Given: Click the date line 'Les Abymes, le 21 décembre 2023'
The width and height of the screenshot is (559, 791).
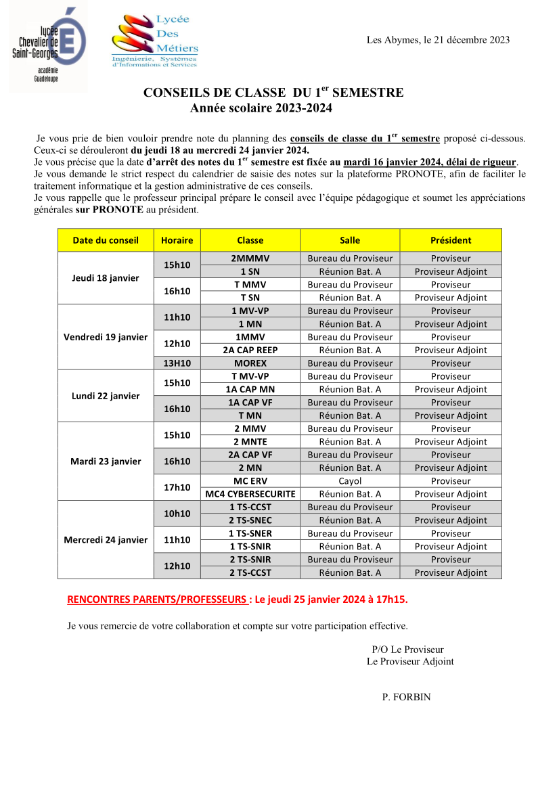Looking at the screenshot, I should (438, 40).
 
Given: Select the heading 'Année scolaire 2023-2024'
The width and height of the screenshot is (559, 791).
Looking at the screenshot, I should (261, 108).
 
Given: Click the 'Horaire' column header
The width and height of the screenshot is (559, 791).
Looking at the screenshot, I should (177, 240).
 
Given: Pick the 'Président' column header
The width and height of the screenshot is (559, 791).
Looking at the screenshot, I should (451, 240).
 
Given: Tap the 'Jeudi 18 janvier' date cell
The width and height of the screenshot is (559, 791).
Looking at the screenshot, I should (106, 278).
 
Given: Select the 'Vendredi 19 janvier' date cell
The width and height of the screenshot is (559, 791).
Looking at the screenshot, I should (106, 337).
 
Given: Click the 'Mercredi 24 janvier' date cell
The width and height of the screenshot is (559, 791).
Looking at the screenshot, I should (106, 540).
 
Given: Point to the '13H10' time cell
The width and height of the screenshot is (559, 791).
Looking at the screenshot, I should (177, 363).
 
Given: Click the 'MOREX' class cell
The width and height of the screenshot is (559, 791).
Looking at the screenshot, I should (250, 363).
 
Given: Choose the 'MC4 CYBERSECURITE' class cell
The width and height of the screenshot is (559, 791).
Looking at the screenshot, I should (250, 494).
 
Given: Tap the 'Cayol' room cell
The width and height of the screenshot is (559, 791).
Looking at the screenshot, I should (350, 481).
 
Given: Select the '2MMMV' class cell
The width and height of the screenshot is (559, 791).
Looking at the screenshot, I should (250, 258).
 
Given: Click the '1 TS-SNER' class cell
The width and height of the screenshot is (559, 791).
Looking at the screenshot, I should (250, 533).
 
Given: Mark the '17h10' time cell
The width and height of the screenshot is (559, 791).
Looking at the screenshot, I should (177, 487).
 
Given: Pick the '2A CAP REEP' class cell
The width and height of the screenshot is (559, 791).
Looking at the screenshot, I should (250, 350).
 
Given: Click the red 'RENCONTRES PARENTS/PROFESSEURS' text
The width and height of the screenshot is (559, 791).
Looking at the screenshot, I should (157, 600).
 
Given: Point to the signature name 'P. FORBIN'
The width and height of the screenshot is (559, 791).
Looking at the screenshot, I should (406, 697).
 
